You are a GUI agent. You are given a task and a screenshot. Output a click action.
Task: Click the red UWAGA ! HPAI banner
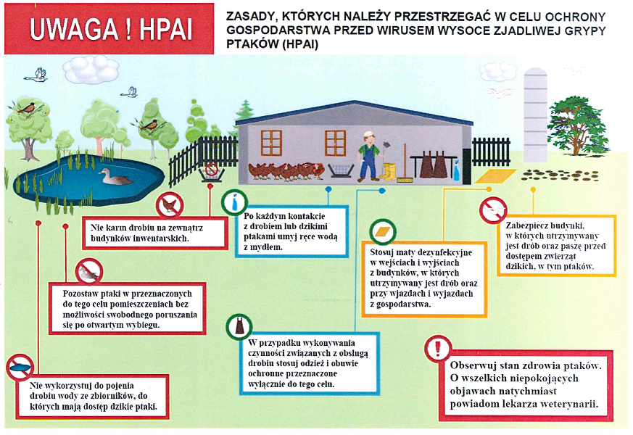pos(109,29)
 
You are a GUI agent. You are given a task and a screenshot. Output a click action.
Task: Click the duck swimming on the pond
pos(115,177)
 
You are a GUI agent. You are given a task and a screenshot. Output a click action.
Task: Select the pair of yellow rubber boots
pos(389,171)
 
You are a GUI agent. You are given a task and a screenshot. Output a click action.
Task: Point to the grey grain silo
pos(535,115)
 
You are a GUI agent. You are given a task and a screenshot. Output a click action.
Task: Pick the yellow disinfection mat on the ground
pos(495,176)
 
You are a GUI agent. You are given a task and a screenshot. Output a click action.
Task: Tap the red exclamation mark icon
pos(438,348)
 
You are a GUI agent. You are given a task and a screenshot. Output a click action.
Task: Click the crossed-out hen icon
pos(170,205)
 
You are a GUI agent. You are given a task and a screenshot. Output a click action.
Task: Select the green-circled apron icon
pos(239,326)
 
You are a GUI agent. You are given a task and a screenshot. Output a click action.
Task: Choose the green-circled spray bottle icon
pos(234,202)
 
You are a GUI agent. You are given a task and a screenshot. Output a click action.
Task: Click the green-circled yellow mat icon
pos(383,232)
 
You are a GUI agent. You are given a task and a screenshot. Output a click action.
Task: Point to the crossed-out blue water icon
pos(20,367)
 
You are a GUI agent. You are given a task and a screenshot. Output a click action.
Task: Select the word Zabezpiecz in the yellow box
pos(525,225)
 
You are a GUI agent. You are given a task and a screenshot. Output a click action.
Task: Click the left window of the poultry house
pos(271,143)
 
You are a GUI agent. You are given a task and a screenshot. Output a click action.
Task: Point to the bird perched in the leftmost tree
pos(27,108)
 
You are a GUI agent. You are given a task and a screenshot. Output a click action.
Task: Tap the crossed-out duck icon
pos(88,272)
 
